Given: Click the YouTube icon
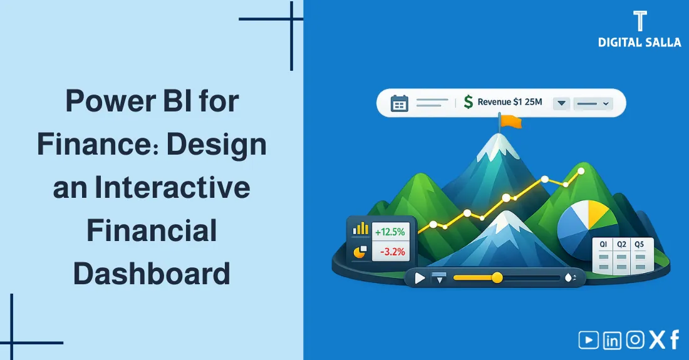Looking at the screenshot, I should [x=588, y=340].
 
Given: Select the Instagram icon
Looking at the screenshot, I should [x=635, y=340].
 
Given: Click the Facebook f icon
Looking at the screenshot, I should [x=675, y=340].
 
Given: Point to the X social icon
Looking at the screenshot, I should [x=656, y=340].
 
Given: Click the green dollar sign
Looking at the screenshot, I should [x=468, y=103].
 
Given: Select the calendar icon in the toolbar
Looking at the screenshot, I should [x=399, y=103].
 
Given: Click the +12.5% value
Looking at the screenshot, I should [x=390, y=232].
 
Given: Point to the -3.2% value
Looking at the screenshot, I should [x=390, y=252].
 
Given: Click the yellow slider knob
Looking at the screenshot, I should [x=497, y=277].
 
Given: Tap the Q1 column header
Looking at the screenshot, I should [x=604, y=244].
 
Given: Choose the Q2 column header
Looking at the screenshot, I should [x=621, y=244].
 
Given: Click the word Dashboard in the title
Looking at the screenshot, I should [x=152, y=274].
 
